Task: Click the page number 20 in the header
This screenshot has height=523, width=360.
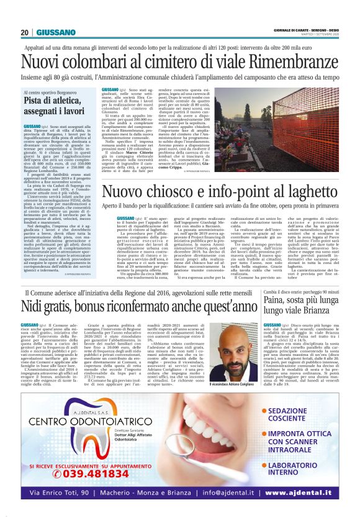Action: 25,32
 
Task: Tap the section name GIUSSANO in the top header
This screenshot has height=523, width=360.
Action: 55,32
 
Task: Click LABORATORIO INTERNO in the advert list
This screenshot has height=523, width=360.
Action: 303,468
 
